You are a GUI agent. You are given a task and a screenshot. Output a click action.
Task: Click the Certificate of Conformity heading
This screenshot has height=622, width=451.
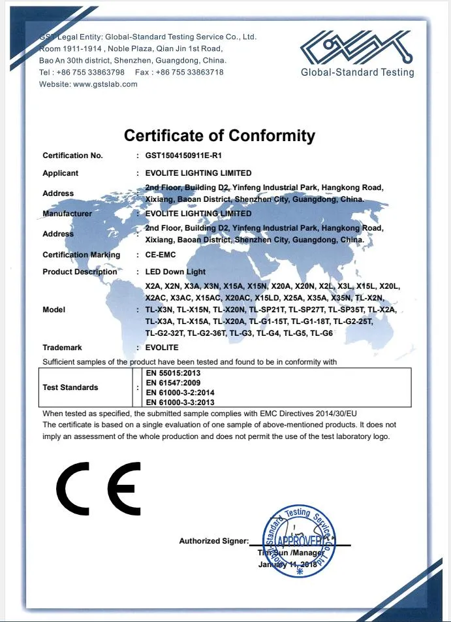(x=219, y=136)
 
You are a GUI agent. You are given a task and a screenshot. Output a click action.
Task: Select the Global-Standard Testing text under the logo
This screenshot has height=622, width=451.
(x=357, y=73)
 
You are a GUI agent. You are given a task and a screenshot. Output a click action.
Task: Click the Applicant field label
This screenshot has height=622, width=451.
(x=60, y=173)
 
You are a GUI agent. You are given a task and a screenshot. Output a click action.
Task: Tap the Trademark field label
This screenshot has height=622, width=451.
(x=62, y=348)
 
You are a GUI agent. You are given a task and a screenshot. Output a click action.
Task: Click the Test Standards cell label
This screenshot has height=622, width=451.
(x=70, y=387)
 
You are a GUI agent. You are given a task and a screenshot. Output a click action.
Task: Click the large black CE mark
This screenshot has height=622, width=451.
(x=99, y=488)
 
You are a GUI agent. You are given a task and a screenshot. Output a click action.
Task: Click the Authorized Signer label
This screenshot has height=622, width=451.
(x=213, y=541)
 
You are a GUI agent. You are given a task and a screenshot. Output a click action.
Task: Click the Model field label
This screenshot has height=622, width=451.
(x=54, y=310)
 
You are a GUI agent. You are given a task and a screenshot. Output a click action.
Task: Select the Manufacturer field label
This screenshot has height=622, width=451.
(x=67, y=214)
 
